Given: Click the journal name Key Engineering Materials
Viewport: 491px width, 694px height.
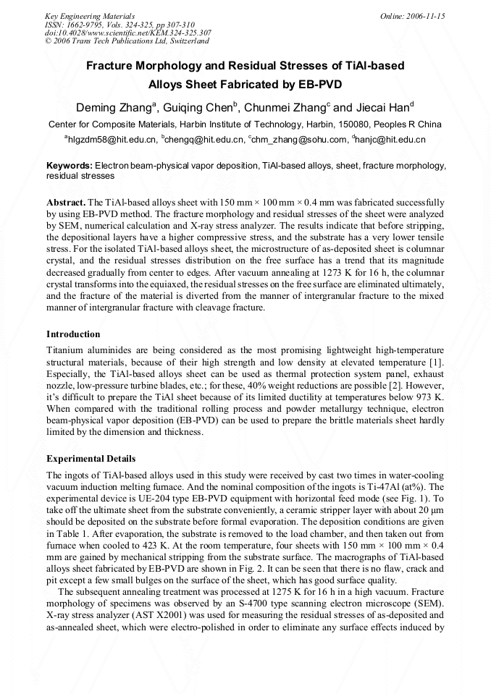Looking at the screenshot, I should (x=90, y=16).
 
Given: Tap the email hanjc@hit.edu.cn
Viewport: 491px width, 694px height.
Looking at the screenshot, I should (x=390, y=139).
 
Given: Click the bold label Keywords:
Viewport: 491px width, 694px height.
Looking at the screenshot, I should (x=70, y=166).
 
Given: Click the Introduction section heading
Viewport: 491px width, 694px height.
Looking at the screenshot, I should (x=73, y=334).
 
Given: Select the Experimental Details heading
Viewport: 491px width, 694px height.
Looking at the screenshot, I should (x=91, y=459).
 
